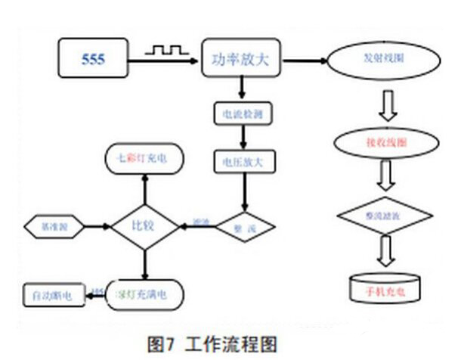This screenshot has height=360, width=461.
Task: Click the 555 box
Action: tap(93, 59)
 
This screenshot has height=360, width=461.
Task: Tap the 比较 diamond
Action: tap(144, 225)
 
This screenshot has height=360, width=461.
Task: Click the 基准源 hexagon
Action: tap(51, 225)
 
